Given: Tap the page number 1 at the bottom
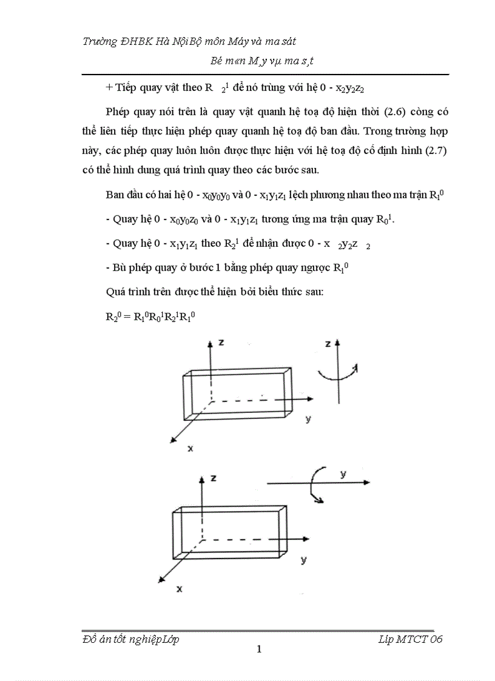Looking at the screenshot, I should [x=259, y=650].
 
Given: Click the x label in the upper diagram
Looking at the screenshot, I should [x=190, y=448].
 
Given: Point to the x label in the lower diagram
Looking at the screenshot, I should [x=180, y=588].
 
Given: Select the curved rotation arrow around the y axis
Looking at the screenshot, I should [x=317, y=483].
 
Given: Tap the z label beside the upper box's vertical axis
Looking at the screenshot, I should [x=222, y=343].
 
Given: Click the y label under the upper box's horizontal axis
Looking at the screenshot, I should [x=308, y=419].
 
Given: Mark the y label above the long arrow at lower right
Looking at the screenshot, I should [x=343, y=474].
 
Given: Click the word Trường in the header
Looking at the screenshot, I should [x=101, y=41].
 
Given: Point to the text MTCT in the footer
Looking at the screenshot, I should [x=409, y=639].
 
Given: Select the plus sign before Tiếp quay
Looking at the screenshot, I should [x=109, y=87].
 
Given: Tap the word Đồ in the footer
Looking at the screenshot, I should [x=88, y=639].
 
